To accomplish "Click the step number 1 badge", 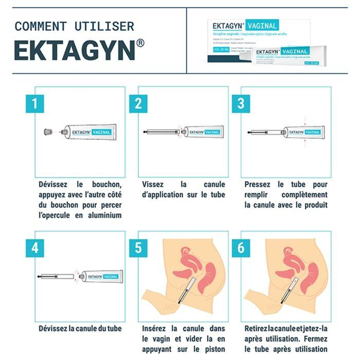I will [x=34, y=103].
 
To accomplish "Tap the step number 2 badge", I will [x=138, y=103].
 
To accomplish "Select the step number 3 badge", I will [x=241, y=103].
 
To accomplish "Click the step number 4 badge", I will [x=34, y=248].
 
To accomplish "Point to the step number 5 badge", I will [x=138, y=248].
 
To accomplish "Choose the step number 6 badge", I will [x=241, y=248].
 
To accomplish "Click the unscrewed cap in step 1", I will [x=47, y=133].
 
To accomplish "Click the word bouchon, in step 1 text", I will [x=102, y=184].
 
